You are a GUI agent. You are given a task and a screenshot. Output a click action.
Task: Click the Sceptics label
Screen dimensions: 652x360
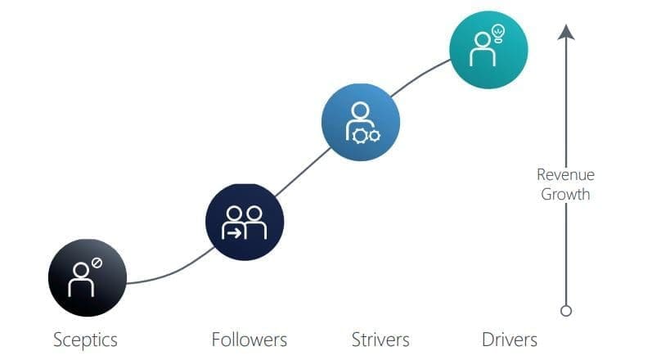pyautogui.click(x=85, y=340)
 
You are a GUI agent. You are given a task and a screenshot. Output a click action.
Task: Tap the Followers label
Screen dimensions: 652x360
pyautogui.click(x=249, y=340)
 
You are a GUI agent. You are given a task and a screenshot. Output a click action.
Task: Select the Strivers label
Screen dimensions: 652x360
pyautogui.click(x=380, y=340)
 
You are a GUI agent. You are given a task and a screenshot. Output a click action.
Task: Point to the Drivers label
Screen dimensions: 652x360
pyautogui.click(x=510, y=340)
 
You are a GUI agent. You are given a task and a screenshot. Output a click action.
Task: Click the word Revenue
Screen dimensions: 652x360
pyautogui.click(x=565, y=174)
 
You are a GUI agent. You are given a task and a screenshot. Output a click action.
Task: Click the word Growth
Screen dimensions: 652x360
pyautogui.click(x=565, y=194)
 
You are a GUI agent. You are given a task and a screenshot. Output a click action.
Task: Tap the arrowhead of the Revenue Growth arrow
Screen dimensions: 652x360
pyautogui.click(x=566, y=32)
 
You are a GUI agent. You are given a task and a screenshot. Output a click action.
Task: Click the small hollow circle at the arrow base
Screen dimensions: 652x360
pyautogui.click(x=566, y=311)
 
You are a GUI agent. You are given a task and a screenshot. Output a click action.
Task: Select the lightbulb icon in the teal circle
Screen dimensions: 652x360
pyautogui.click(x=497, y=34)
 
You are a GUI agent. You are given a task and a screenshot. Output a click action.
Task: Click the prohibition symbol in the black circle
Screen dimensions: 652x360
pyautogui.click(x=97, y=263)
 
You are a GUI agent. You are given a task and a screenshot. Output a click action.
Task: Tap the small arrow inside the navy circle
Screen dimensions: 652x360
pyautogui.click(x=234, y=234)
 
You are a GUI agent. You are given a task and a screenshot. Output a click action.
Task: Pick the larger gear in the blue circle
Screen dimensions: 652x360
pyautogui.click(x=359, y=137)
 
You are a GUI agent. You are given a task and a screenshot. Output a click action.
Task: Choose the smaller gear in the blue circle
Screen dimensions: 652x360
pyautogui.click(x=374, y=136)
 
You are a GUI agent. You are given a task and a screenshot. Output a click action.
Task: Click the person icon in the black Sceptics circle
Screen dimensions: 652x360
pyautogui.click(x=81, y=280)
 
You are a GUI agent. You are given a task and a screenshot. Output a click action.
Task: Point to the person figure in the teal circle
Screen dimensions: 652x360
pyautogui.click(x=483, y=49)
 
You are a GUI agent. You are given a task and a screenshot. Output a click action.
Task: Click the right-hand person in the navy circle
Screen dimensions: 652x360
pyautogui.click(x=254, y=223)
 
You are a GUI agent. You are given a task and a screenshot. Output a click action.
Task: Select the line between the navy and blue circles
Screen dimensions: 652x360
pyautogui.click(x=304, y=172)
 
